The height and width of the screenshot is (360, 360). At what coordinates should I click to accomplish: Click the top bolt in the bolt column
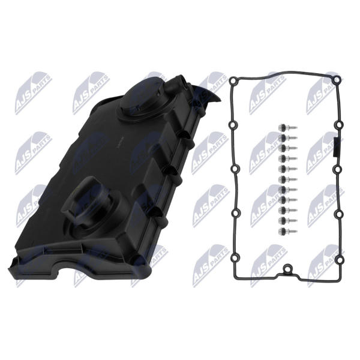287,127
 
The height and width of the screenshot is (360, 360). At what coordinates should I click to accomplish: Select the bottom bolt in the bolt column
287,231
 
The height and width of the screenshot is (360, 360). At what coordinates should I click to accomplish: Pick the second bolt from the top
287,137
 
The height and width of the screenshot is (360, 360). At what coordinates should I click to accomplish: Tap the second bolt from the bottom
287,221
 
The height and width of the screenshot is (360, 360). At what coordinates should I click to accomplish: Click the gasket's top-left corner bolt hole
234,80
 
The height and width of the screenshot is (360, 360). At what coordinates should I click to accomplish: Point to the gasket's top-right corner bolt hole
337,79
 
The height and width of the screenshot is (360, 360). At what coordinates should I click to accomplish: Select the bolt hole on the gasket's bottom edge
287,269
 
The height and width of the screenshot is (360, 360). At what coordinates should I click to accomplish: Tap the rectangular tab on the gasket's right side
335,146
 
